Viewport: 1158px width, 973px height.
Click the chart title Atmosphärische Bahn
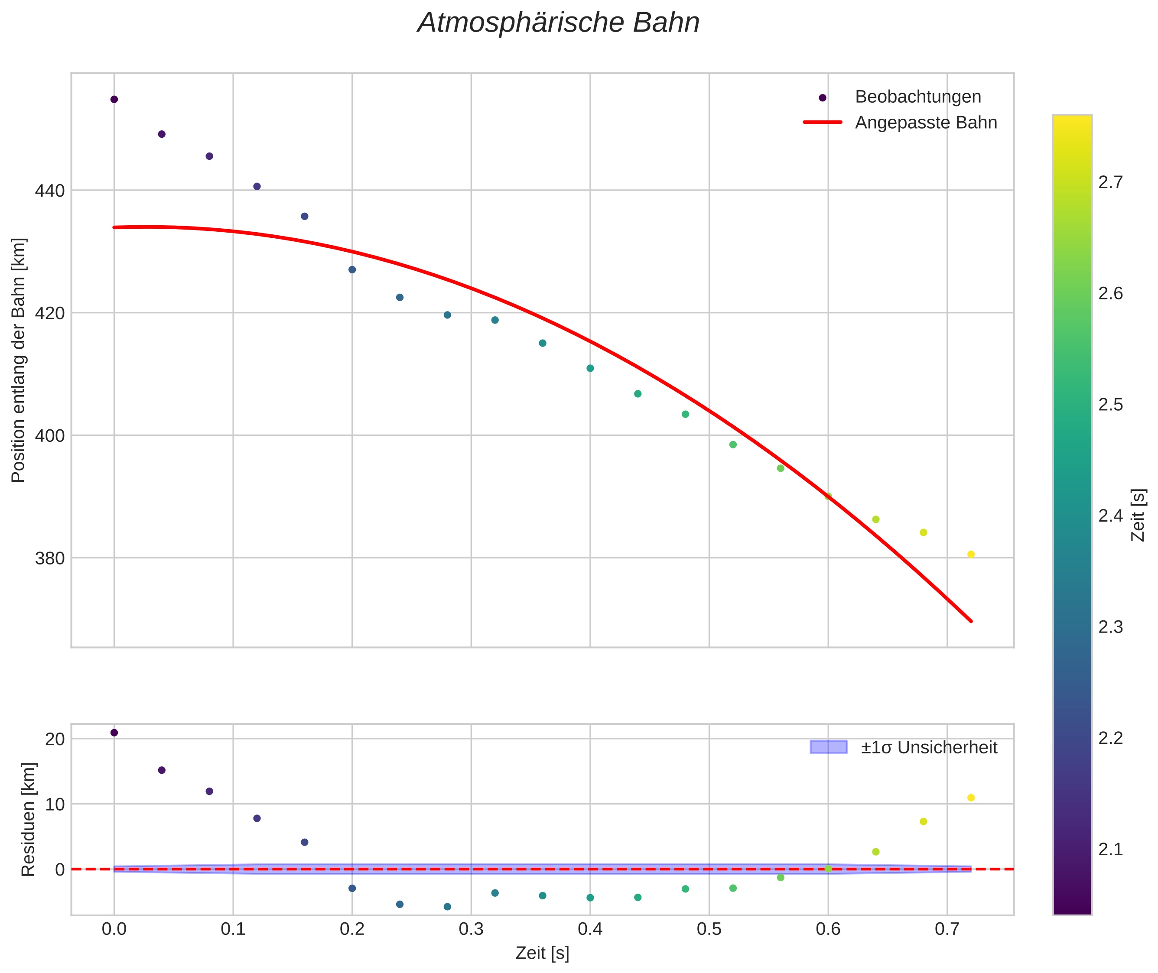(x=558, y=23)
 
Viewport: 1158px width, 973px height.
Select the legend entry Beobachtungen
(x=917, y=97)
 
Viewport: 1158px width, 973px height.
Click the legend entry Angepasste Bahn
(x=926, y=123)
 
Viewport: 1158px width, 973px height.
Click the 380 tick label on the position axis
(x=50, y=558)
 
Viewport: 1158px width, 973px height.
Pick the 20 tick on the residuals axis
(x=55, y=739)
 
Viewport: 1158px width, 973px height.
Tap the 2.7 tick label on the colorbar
(x=1111, y=182)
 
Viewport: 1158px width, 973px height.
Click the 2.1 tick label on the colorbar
(x=1111, y=849)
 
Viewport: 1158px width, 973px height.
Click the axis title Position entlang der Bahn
(x=19, y=360)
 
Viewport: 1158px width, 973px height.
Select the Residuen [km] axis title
(x=28, y=819)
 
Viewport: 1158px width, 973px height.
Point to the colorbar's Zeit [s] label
(x=1138, y=515)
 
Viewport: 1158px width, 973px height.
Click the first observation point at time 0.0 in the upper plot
(x=114, y=99)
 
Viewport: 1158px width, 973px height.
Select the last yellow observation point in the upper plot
(x=971, y=555)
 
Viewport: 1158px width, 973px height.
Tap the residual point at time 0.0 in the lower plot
(x=114, y=733)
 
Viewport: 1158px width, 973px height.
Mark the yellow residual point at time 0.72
(x=971, y=798)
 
